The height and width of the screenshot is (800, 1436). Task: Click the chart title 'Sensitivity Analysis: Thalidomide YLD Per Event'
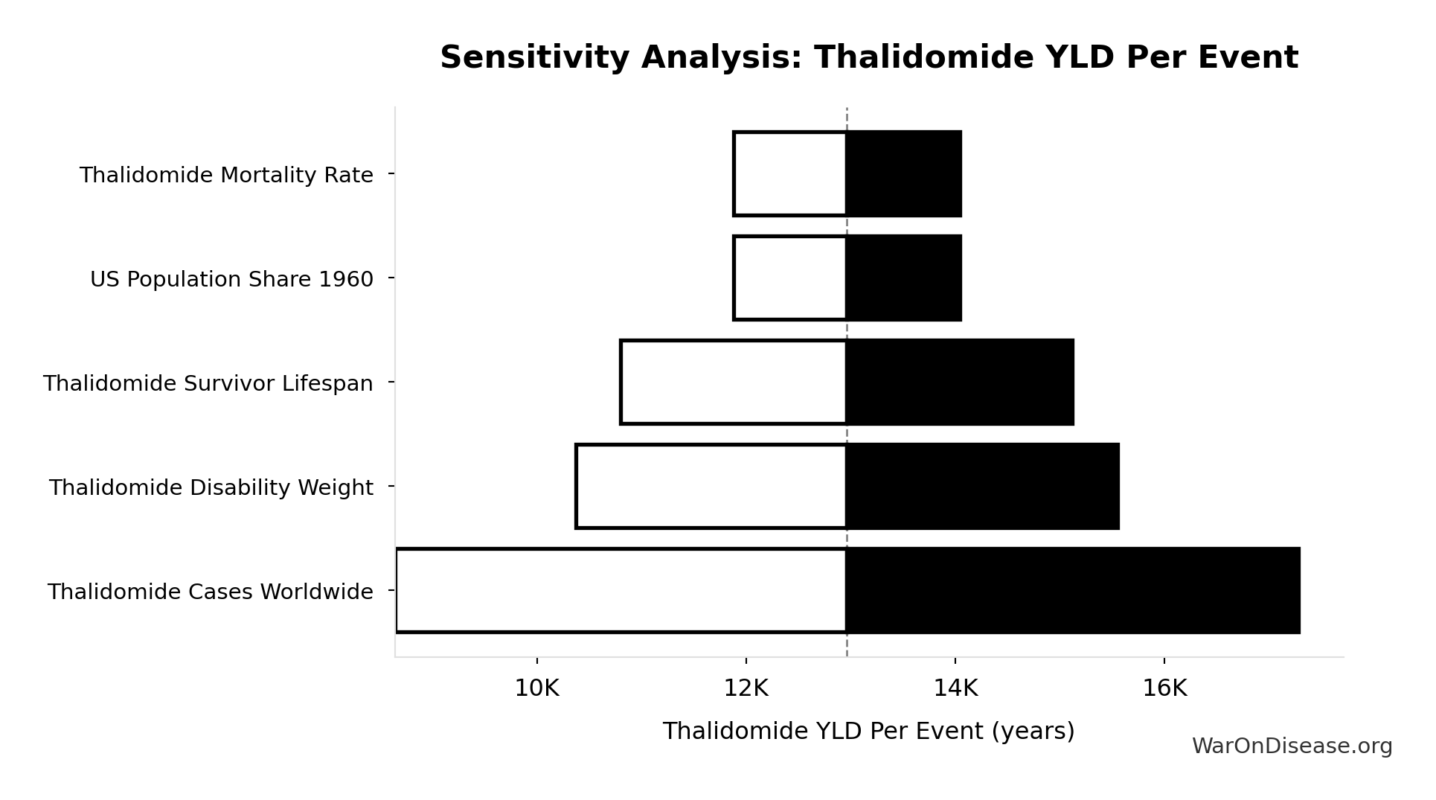click(868, 58)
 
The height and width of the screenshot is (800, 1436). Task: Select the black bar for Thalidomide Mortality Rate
click(903, 174)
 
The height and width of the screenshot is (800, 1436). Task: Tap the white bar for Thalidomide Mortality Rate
click(790, 174)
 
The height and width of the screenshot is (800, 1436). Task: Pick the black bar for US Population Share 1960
click(903, 278)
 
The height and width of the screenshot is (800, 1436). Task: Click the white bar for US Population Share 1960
click(790, 278)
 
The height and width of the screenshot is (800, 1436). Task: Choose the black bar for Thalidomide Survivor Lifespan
click(960, 383)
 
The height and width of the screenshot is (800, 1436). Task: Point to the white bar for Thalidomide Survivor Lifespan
click(734, 383)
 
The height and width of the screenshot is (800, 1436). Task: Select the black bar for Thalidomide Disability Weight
click(982, 487)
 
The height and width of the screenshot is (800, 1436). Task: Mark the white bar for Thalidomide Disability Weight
click(711, 487)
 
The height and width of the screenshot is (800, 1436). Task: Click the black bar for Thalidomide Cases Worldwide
click(1073, 591)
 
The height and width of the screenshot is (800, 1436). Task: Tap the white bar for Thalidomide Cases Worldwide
click(621, 591)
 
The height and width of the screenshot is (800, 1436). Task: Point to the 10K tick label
click(536, 689)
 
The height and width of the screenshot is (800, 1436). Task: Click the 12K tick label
click(746, 689)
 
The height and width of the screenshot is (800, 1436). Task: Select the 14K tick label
click(955, 689)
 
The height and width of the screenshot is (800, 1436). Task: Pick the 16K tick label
click(1164, 689)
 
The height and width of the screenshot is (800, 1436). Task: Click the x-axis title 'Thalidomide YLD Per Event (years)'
click(868, 732)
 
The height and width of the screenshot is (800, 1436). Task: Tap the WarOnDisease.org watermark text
click(1292, 746)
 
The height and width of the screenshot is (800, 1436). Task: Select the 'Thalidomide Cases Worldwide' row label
click(210, 592)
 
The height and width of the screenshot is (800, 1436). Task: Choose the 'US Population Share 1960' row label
click(231, 280)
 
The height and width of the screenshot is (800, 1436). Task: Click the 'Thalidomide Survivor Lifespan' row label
click(208, 384)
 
